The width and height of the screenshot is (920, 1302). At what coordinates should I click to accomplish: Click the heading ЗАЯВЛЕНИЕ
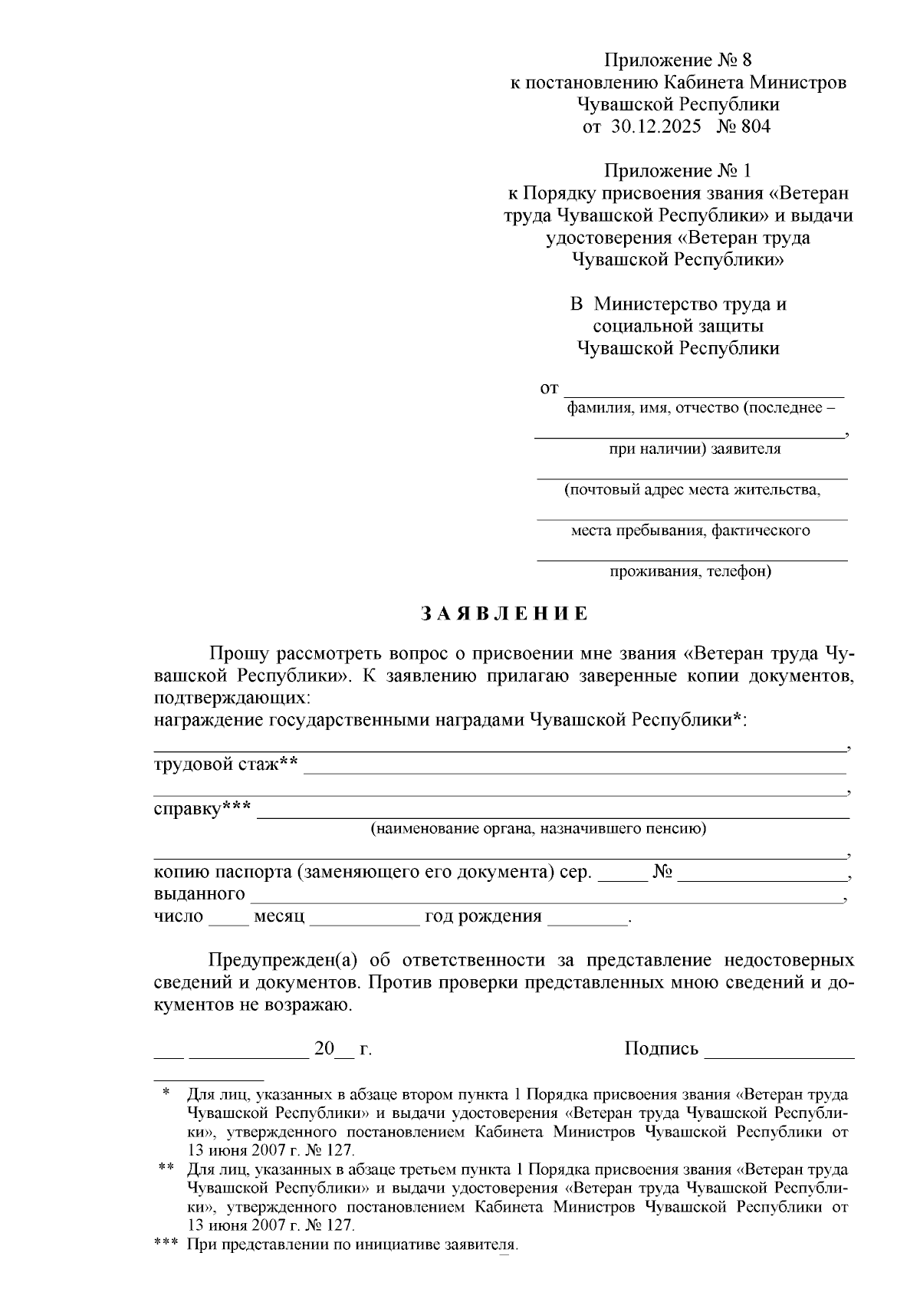504,613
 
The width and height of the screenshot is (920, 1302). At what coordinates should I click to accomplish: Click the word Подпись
661,1048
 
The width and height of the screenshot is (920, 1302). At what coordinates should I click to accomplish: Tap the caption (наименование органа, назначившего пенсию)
538,829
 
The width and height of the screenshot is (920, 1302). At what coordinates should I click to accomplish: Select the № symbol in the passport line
662,873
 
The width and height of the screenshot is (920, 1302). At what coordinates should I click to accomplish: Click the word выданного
199,894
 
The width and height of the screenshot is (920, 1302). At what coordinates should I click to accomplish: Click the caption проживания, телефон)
690,571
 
